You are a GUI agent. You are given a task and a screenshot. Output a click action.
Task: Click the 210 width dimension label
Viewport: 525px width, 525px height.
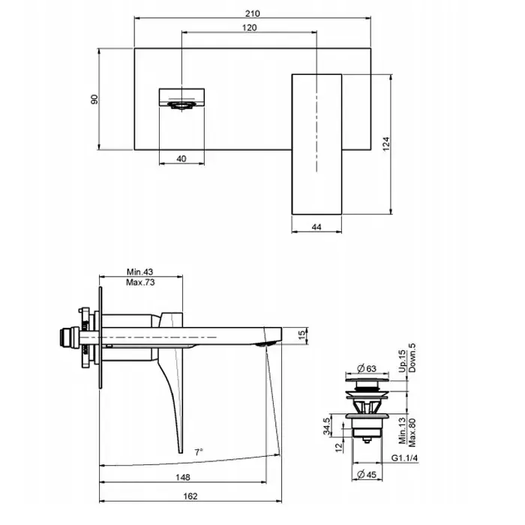click(x=253, y=13)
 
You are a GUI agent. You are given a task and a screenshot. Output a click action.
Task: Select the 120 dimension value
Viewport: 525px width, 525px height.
click(x=249, y=28)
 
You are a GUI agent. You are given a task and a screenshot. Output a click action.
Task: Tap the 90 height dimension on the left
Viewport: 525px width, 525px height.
click(x=94, y=99)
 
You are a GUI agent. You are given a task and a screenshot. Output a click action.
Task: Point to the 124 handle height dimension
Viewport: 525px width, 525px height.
click(x=386, y=144)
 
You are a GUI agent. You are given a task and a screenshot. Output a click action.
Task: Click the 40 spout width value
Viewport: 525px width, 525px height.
click(x=181, y=159)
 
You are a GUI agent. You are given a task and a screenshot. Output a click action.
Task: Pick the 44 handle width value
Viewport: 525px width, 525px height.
click(x=316, y=227)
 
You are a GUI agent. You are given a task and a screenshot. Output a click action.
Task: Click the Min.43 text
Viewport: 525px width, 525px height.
click(x=139, y=271)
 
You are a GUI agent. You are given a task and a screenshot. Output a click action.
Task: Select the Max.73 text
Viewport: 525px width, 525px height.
click(x=140, y=282)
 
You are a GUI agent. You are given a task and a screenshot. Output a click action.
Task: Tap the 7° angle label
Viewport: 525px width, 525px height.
click(x=199, y=452)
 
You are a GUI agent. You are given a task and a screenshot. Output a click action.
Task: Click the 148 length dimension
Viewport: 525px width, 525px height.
click(x=183, y=477)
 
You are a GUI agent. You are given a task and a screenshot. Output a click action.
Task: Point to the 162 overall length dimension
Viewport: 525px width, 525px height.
click(x=190, y=496)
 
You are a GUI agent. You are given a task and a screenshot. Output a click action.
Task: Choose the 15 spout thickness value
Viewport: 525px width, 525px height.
click(x=302, y=334)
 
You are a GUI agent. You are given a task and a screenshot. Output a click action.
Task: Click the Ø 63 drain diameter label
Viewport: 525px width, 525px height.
click(x=367, y=369)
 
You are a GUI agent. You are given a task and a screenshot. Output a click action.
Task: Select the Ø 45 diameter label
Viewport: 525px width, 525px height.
click(x=367, y=475)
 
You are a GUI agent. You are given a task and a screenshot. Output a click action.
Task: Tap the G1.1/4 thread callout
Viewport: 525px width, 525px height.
click(x=404, y=457)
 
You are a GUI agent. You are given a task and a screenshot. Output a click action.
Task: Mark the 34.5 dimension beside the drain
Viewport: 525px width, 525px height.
click(x=327, y=426)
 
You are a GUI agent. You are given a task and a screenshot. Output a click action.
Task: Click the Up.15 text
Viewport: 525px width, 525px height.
click(x=402, y=361)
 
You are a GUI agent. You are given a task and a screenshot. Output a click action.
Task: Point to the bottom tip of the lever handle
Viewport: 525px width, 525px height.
click(x=181, y=453)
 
